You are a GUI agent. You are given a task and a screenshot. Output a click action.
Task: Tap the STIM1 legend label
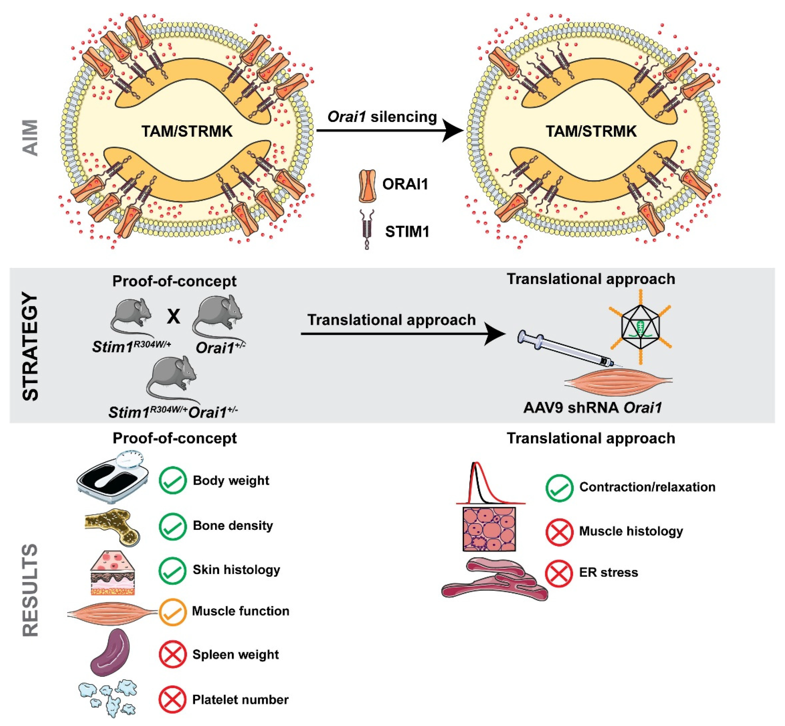pyautogui.click(x=407, y=231)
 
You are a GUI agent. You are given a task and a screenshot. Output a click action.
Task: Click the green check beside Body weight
pyautogui.click(x=172, y=480)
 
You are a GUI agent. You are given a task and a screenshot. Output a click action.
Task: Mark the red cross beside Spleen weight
pyautogui.click(x=172, y=654)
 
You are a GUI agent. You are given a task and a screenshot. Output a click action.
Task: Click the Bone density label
pyautogui.click(x=233, y=526)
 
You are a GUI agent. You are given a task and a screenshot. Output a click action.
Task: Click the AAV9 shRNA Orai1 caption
pyautogui.click(x=592, y=408)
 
